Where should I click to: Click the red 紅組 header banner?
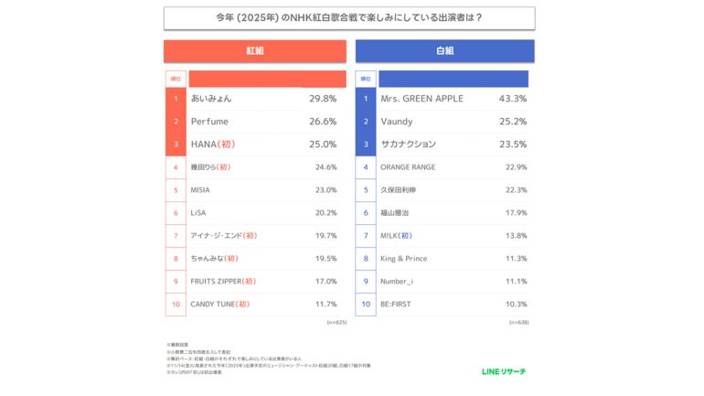(x=255, y=51)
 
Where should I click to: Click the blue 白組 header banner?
(x=445, y=51)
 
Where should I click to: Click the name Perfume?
(x=208, y=122)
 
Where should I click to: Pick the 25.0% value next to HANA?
(x=324, y=144)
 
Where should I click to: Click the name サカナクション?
(x=408, y=144)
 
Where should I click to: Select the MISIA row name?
(x=200, y=190)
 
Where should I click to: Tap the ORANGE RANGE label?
(x=408, y=167)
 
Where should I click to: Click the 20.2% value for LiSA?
(x=325, y=213)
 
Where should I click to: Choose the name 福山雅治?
(x=396, y=213)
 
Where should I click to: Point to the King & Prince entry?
(x=403, y=259)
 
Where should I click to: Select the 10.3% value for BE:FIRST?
(x=516, y=305)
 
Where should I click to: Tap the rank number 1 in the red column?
(x=175, y=99)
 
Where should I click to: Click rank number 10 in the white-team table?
(x=365, y=305)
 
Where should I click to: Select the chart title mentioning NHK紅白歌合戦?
(x=350, y=17)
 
